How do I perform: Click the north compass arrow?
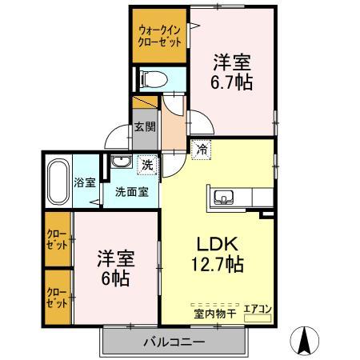pyautogui.click(x=305, y=342)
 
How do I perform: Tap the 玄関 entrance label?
pyautogui.click(x=144, y=126)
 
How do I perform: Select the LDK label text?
pyautogui.click(x=214, y=243)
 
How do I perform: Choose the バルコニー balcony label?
pyautogui.click(x=174, y=342)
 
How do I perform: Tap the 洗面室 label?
pyautogui.click(x=130, y=191)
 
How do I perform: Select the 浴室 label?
pyautogui.click(x=85, y=182)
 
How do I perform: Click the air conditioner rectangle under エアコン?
pyautogui.click(x=258, y=318)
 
